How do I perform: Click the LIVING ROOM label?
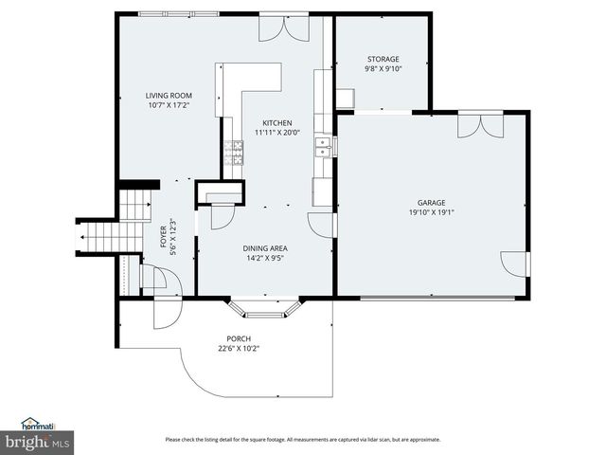pyautogui.click(x=168, y=95)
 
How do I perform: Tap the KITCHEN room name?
pyautogui.click(x=276, y=122)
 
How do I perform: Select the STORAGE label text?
pyautogui.click(x=383, y=59)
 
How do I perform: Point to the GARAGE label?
pyautogui.click(x=431, y=202)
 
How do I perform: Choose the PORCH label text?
pyautogui.click(x=238, y=338)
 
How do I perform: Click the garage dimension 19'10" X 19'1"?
pyautogui.click(x=431, y=212)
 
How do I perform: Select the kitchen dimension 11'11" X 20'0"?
pyautogui.click(x=276, y=133)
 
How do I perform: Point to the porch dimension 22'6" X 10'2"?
pyautogui.click(x=238, y=348)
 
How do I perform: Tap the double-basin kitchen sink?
pyautogui.click(x=323, y=146)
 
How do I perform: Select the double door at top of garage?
pyautogui.click(x=480, y=125)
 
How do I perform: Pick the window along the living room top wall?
pyautogui.click(x=178, y=13)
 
